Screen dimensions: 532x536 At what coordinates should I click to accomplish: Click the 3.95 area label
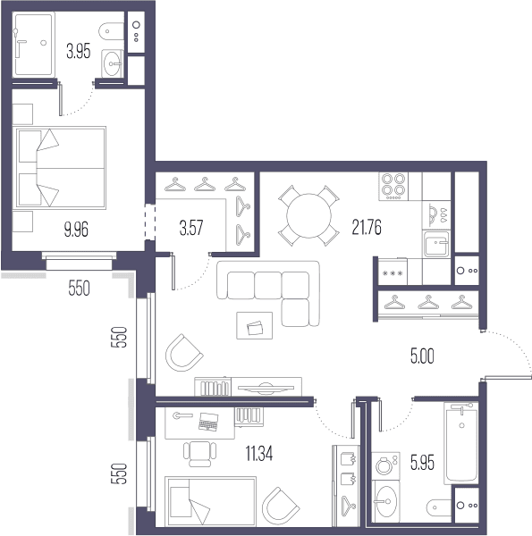tap(79, 52)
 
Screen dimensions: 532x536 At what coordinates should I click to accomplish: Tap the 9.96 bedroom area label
tap(76, 229)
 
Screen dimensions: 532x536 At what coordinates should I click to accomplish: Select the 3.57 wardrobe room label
tap(191, 228)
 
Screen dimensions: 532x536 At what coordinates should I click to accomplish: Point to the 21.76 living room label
tap(367, 227)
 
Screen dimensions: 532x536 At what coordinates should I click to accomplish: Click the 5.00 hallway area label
tap(422, 356)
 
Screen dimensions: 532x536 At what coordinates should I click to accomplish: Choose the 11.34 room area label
tap(259, 454)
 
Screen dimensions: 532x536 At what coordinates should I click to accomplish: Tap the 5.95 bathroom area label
tap(422, 463)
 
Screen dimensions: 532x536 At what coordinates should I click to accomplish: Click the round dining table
tap(308, 215)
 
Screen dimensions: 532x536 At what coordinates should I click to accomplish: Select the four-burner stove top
tap(393, 187)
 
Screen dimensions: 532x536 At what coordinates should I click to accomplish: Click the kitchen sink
tap(435, 244)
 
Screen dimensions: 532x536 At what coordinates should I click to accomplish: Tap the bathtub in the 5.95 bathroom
tap(461, 443)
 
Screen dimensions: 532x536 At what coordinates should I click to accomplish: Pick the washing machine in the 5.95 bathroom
tap(385, 465)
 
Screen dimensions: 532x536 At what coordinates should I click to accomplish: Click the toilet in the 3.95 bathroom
tap(111, 31)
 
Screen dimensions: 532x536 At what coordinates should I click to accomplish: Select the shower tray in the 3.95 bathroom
tap(33, 44)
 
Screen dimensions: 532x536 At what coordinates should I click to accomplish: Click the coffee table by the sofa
tap(255, 325)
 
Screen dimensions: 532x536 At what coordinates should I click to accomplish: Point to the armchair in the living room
tap(183, 353)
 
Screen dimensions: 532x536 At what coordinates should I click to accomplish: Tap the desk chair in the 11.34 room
tap(199, 454)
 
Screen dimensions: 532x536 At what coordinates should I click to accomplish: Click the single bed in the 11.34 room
tap(210, 501)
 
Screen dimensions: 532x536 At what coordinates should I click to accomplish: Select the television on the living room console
tap(266, 388)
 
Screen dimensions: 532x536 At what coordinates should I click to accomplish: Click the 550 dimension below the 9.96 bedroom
tap(79, 288)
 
